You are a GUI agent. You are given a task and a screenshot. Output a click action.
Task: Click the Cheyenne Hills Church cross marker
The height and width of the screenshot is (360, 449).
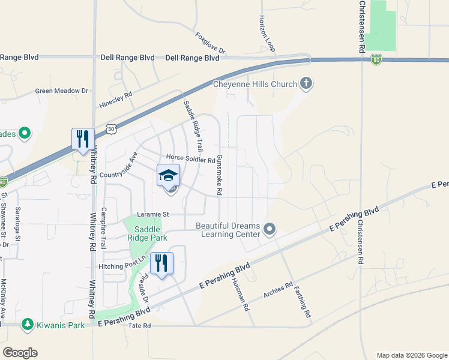coord(306,83)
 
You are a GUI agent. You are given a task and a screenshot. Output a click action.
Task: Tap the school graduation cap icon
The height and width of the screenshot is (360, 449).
coord(168,176)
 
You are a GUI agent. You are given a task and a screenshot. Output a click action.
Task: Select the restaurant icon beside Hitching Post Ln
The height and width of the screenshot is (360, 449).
coord(161,263)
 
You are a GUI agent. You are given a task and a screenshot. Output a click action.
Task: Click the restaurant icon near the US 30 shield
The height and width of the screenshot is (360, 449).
coord(82,139)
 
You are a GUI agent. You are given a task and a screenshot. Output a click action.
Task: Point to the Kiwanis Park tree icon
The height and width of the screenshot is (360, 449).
coord(27,325)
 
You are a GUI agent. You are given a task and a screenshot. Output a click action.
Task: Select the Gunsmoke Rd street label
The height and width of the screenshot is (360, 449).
coord(220,175)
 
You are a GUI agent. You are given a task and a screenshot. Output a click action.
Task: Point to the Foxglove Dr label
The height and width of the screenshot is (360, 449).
coord(209,43)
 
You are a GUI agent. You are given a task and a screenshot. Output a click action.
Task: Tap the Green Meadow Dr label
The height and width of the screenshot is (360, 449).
coord(62,91)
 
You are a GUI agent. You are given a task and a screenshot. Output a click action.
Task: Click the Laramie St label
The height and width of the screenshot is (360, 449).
coord(154,214)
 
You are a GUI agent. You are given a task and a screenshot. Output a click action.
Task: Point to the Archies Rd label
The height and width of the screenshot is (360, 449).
coord(278,291)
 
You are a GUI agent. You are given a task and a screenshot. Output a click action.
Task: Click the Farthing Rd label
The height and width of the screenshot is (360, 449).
coord(303,302)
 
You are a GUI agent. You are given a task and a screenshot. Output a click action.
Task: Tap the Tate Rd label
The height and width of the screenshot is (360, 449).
coord(139,326)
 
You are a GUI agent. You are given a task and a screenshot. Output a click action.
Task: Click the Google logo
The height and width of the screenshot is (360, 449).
coord(20,353)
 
